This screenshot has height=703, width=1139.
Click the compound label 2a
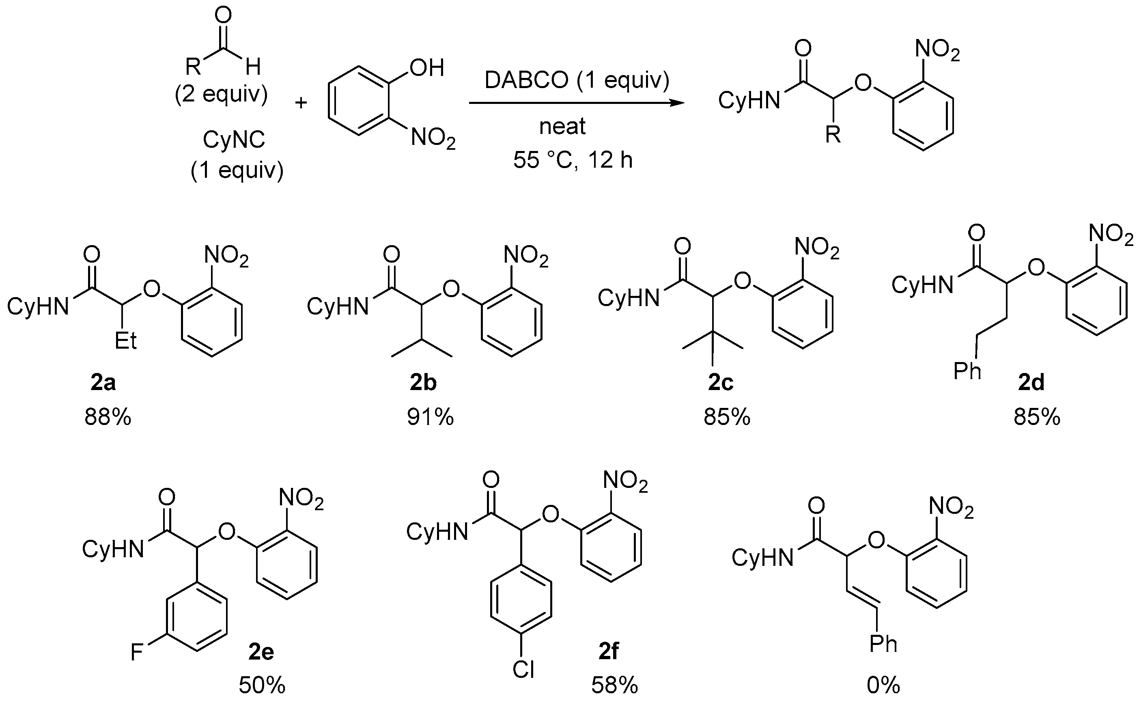pyautogui.click(x=103, y=383)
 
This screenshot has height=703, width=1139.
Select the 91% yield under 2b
pyautogui.click(x=430, y=417)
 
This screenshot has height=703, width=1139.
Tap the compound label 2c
pyautogui.click(x=721, y=383)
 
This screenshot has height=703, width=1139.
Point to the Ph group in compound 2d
pyautogui.click(x=967, y=371)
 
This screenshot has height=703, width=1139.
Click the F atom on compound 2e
pyautogui.click(x=137, y=652)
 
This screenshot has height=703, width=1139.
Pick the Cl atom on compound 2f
pyautogui.click(x=523, y=670)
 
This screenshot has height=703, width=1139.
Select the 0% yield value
pyautogui.click(x=883, y=685)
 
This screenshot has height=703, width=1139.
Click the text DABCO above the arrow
pyautogui.click(x=527, y=80)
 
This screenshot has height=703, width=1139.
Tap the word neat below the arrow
pyautogui.click(x=562, y=127)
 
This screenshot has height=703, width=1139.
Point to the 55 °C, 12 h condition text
pyautogui.click(x=573, y=160)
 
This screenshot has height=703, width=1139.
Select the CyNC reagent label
pyautogui.click(x=234, y=139)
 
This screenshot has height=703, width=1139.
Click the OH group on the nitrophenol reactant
pyautogui.click(x=426, y=68)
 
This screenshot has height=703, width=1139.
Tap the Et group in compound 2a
pyautogui.click(x=125, y=341)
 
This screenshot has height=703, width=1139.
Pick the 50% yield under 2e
pyautogui.click(x=262, y=685)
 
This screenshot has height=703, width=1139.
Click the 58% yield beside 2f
pyautogui.click(x=615, y=685)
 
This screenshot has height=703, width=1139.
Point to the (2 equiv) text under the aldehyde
pyautogui.click(x=221, y=95)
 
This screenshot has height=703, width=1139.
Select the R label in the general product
pyautogui.click(x=833, y=135)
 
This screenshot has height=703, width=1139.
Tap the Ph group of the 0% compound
pyautogui.click(x=883, y=645)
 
